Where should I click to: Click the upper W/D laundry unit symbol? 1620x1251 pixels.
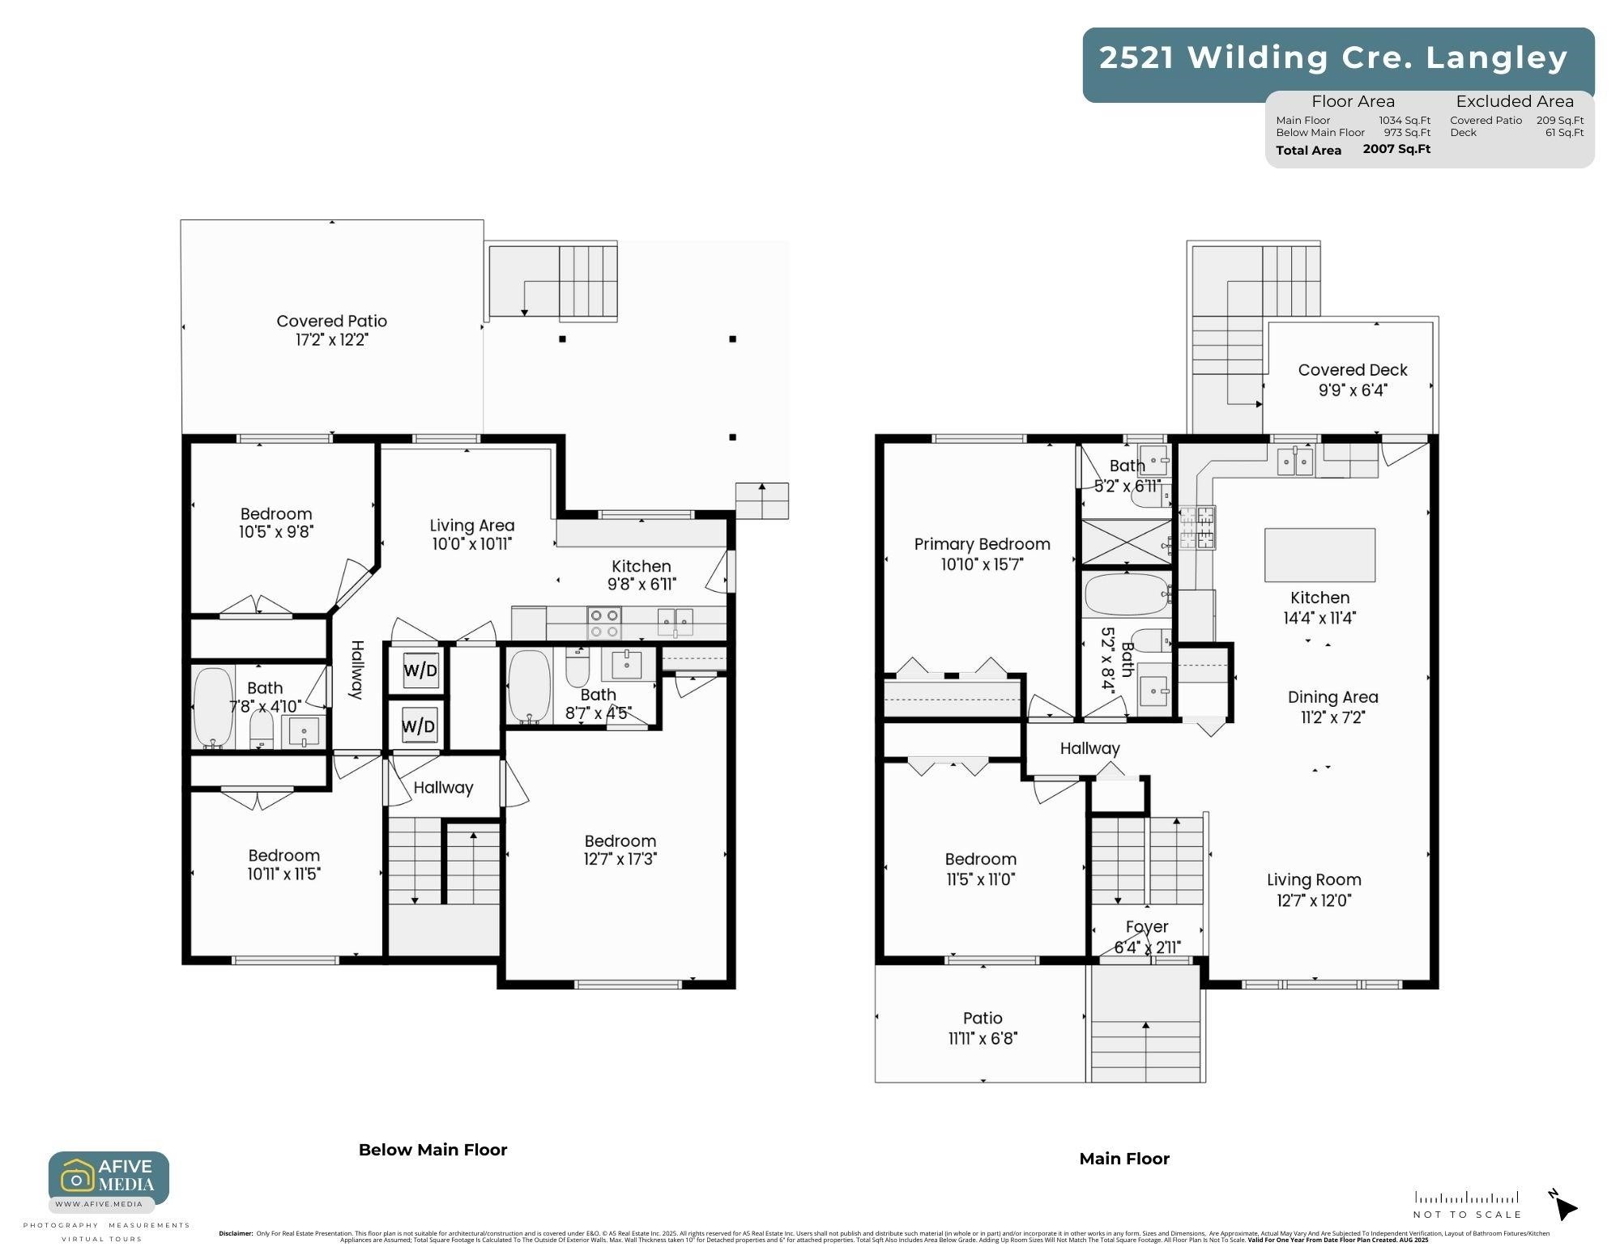coord(420,670)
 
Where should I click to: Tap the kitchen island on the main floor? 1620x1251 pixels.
coord(1319,555)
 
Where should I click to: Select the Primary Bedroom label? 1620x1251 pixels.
coord(982,544)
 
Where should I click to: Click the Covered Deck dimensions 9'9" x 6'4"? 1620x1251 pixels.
coord(1352,390)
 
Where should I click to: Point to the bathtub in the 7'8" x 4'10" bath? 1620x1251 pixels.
coord(213,707)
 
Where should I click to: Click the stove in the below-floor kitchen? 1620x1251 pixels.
coord(604,623)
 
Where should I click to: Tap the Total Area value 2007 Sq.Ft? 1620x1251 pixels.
coord(1396,149)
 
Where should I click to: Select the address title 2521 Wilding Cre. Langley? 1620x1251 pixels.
coord(1333,58)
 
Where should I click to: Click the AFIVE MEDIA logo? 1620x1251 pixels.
coord(109,1178)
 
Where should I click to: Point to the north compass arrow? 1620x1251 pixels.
coord(1564,1206)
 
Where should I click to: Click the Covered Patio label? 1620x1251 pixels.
coord(331,321)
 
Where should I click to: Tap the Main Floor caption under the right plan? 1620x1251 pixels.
coord(1124,1159)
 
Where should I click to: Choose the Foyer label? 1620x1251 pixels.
coord(1147,926)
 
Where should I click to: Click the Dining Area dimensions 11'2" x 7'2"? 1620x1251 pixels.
coord(1332,717)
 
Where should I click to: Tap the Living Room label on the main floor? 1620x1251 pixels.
coord(1314,880)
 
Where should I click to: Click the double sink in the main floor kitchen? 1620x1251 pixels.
coord(1294,462)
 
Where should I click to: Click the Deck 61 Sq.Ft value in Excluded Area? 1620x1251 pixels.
coord(1564,133)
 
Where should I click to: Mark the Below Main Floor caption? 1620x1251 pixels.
coord(433,1150)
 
